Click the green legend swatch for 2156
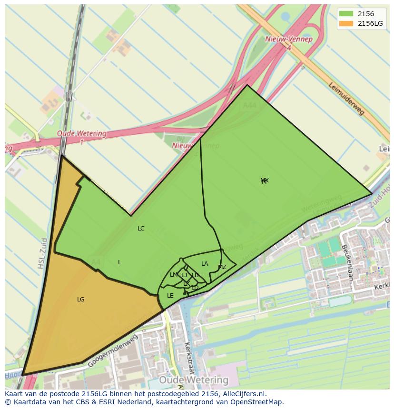tap(346, 14)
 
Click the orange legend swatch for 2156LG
tap(346, 23)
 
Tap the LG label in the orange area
tap(81, 300)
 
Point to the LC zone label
tap(141, 229)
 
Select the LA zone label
tap(205, 264)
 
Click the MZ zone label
tap(222, 267)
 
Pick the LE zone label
tap(170, 296)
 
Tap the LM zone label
tap(174, 275)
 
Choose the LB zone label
tap(195, 275)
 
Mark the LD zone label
tap(195, 288)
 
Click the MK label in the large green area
tap(265, 180)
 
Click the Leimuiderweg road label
tap(346, 98)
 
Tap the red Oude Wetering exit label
tap(81, 134)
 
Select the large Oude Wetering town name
tap(194, 380)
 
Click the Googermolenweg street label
tap(109, 352)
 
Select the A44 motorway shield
tap(249, 105)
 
